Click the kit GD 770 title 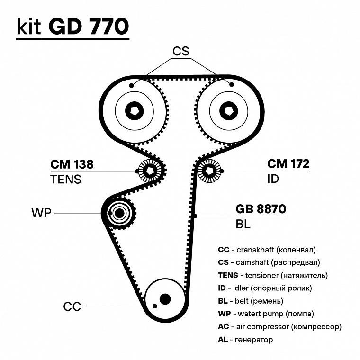tap(72, 27)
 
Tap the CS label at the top tap(181, 51)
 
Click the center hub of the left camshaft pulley tap(134, 111)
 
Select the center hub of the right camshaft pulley tap(228, 111)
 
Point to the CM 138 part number tap(72, 164)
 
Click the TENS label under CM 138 tap(66, 179)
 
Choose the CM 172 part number tap(288, 164)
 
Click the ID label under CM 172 tap(273, 179)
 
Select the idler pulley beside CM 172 tap(209, 171)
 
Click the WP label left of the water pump tap(41, 213)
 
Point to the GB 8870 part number tap(261, 209)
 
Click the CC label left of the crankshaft tap(72, 306)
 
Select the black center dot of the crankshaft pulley tap(165, 299)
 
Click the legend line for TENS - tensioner tap(273, 275)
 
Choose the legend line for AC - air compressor tap(279, 326)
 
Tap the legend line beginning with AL tap(245, 339)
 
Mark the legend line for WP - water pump tap(266, 314)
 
